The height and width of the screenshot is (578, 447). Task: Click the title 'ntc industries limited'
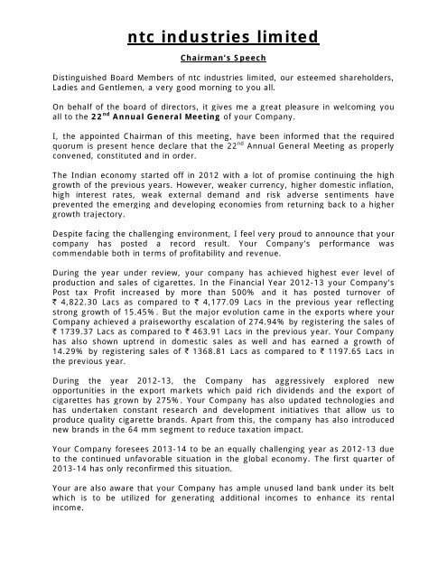223,37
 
